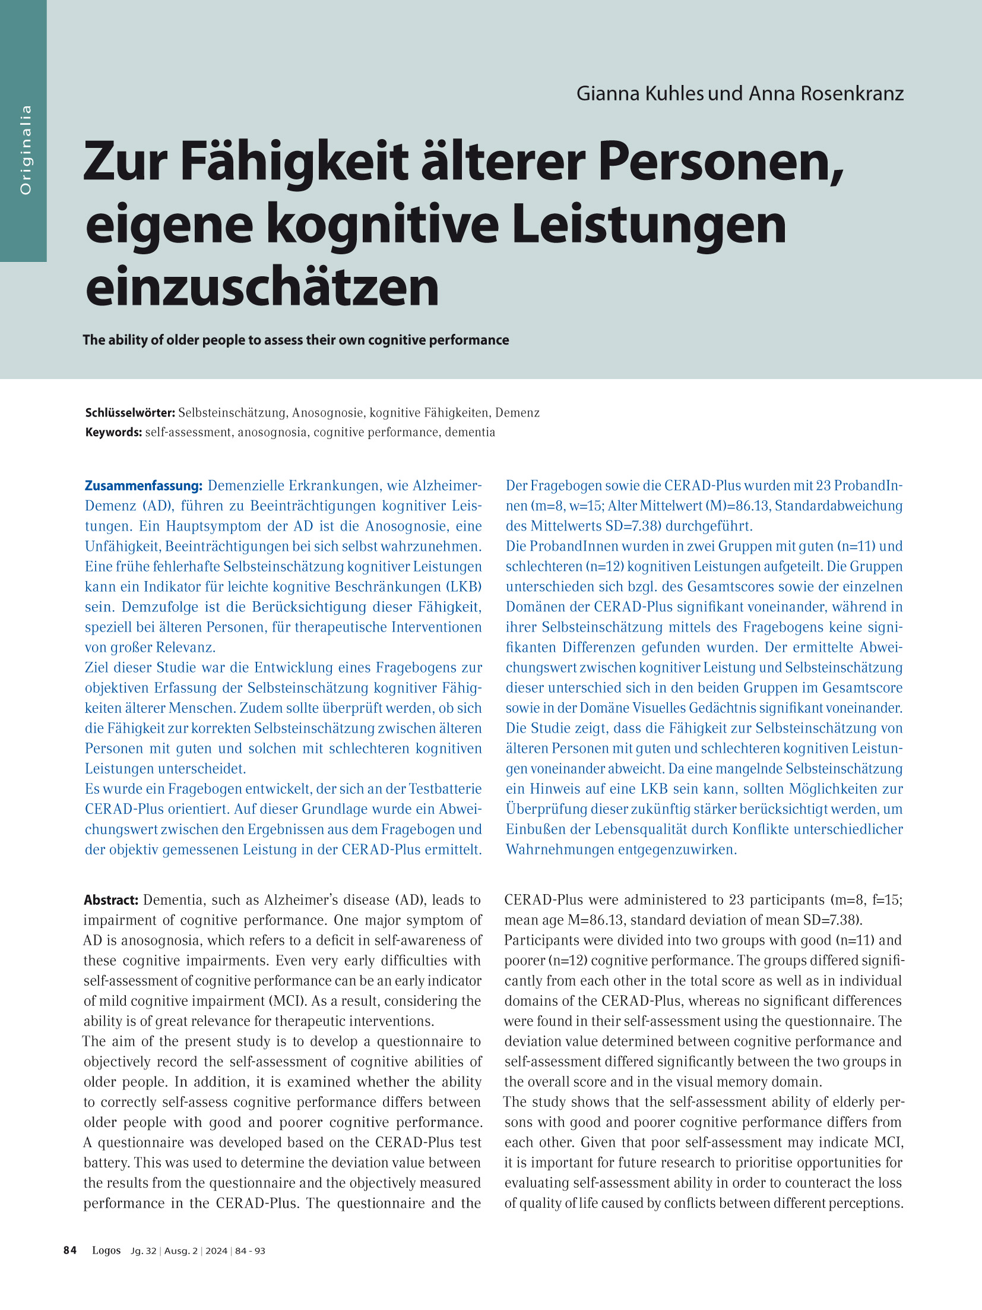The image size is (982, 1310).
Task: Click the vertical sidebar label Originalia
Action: [25, 150]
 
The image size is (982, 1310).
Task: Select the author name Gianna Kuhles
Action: [640, 93]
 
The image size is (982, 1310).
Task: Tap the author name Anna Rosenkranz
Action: [826, 93]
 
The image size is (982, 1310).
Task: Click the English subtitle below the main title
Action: [296, 340]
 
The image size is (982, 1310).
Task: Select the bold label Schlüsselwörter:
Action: [130, 412]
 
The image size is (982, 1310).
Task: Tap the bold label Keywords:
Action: [113, 432]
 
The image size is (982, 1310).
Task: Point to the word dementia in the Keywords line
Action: [470, 432]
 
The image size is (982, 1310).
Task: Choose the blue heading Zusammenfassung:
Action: [144, 485]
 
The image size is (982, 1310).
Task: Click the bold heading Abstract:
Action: [111, 899]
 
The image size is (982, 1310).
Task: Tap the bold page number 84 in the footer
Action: [70, 1250]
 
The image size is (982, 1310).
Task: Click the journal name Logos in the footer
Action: [106, 1250]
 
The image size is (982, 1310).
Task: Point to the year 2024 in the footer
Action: [216, 1251]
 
